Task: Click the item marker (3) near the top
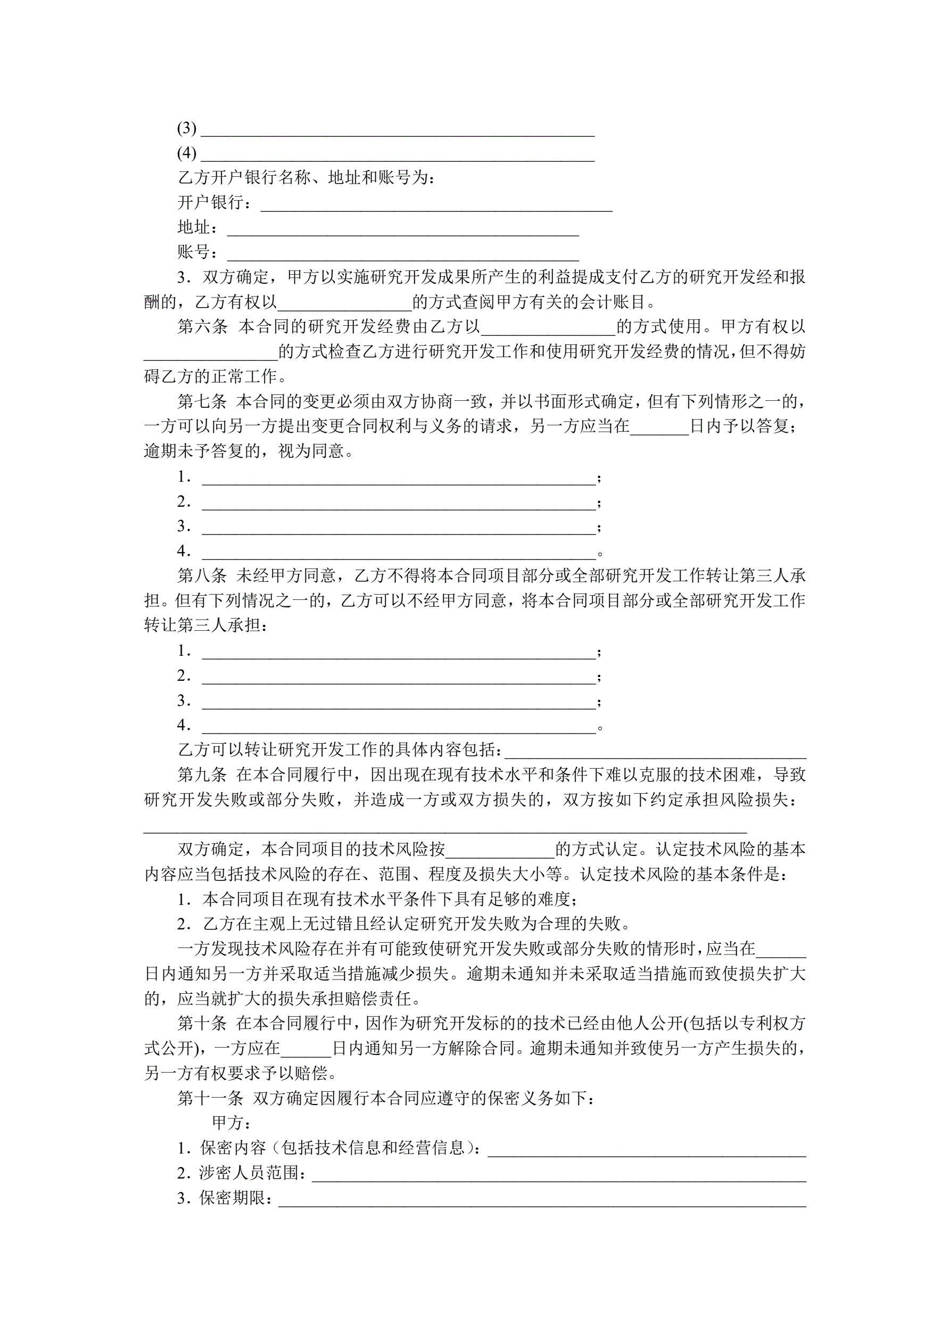(x=187, y=128)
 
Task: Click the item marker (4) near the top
(x=187, y=153)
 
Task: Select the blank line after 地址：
(x=402, y=229)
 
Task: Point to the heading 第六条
(x=202, y=326)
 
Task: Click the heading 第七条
(x=202, y=401)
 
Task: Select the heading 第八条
(x=202, y=575)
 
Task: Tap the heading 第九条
(x=202, y=775)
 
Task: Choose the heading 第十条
(x=202, y=1023)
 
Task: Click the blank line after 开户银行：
(x=436, y=205)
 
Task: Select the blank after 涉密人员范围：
(x=559, y=1175)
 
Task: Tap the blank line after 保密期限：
(x=542, y=1200)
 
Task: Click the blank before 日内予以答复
(x=659, y=428)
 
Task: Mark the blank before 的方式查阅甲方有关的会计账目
(x=344, y=304)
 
